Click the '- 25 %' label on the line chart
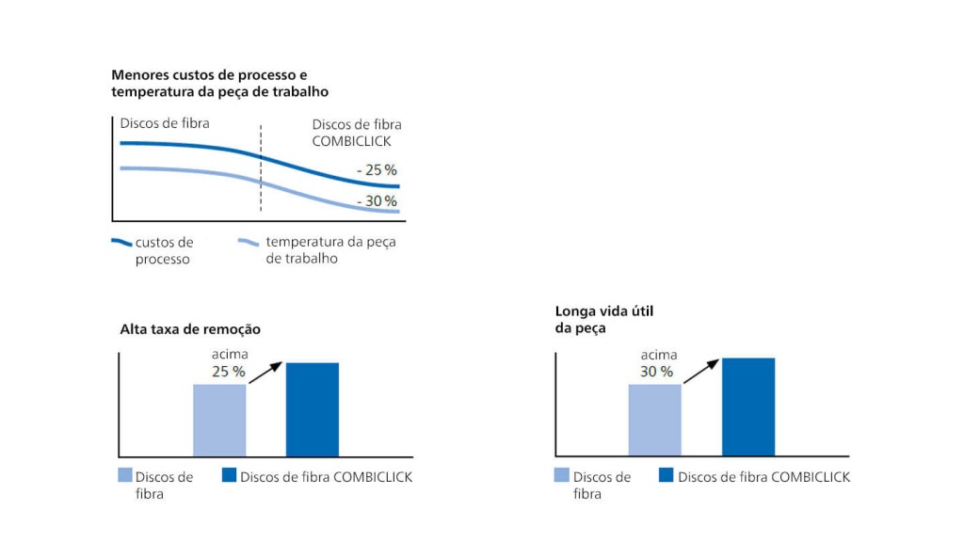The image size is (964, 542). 377,170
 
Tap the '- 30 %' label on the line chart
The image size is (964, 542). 377,201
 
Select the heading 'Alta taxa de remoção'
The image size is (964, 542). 190,329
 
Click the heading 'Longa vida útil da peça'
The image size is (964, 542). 602,319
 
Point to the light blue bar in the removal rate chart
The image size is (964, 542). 219,420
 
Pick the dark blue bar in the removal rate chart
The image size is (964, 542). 312,409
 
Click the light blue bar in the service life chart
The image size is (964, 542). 654,420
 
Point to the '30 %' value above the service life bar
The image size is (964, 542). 656,372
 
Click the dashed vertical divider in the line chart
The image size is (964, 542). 261,169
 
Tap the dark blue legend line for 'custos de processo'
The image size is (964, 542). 120,242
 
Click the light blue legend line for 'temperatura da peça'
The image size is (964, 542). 248,242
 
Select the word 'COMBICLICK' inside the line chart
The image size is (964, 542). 350,141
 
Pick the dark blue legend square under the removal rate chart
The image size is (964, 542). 229,475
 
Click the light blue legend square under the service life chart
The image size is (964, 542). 561,475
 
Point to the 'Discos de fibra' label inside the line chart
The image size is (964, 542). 165,123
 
